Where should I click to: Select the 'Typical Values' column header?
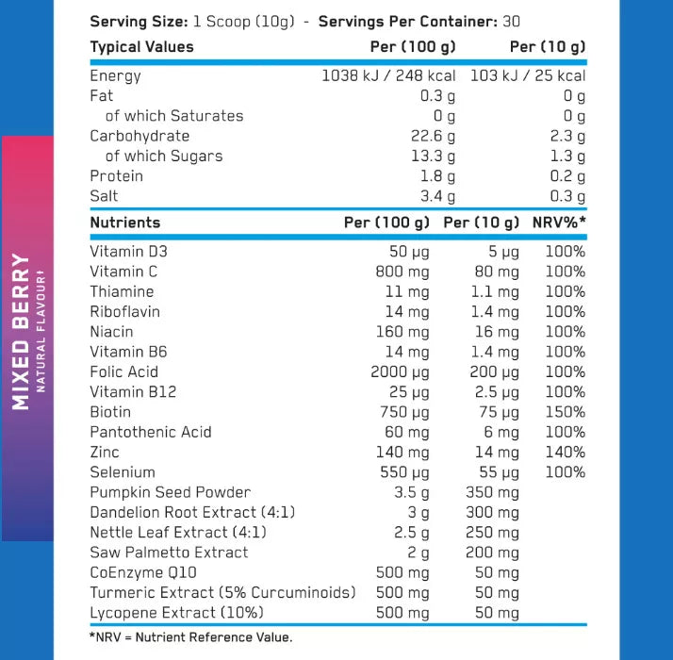141,47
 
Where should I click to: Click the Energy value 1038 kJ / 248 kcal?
388,75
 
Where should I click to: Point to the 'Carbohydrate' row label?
140,136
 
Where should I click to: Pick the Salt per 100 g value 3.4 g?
437,196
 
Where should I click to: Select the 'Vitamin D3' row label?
129,252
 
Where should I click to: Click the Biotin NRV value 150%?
565,412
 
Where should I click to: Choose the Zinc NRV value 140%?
565,452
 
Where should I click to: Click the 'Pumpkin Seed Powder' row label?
170,492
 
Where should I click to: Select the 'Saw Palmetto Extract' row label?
169,553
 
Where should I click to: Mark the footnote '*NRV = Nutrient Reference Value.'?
190,637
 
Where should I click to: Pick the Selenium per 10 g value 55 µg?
495,472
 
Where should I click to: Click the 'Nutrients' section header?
124,223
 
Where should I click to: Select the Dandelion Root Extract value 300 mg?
492,512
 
